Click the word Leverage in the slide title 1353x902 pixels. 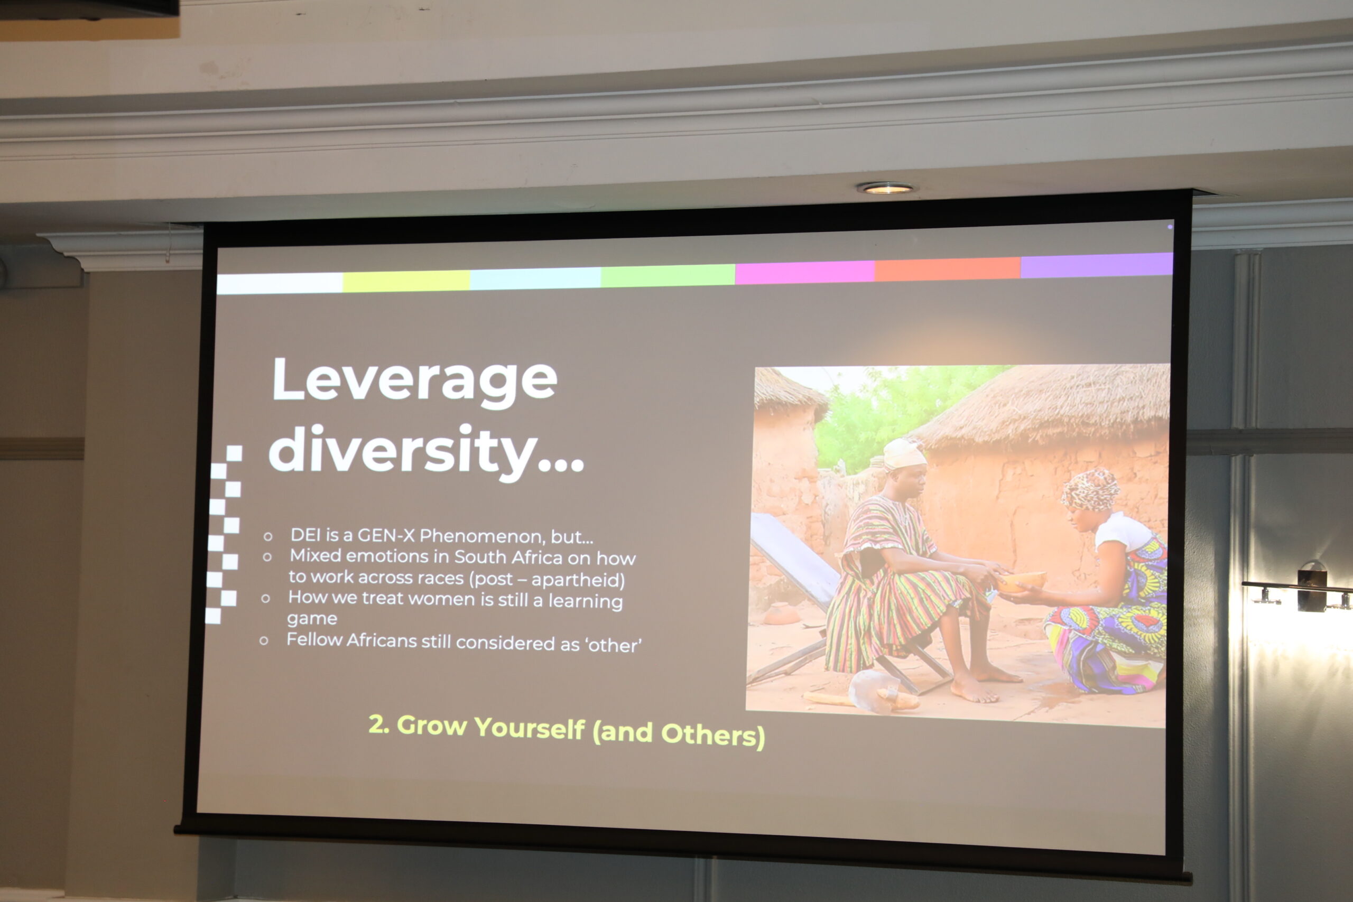coord(415,380)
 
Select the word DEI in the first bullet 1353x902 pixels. coord(305,534)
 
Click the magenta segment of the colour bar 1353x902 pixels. coord(805,273)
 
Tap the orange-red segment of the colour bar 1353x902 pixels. coord(948,268)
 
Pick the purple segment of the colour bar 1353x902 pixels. coord(1097,265)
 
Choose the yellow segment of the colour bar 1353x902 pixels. coord(406,281)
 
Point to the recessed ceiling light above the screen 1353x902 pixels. coord(886,188)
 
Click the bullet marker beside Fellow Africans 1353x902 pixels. coord(264,640)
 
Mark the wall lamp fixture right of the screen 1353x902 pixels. coord(1306,590)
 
